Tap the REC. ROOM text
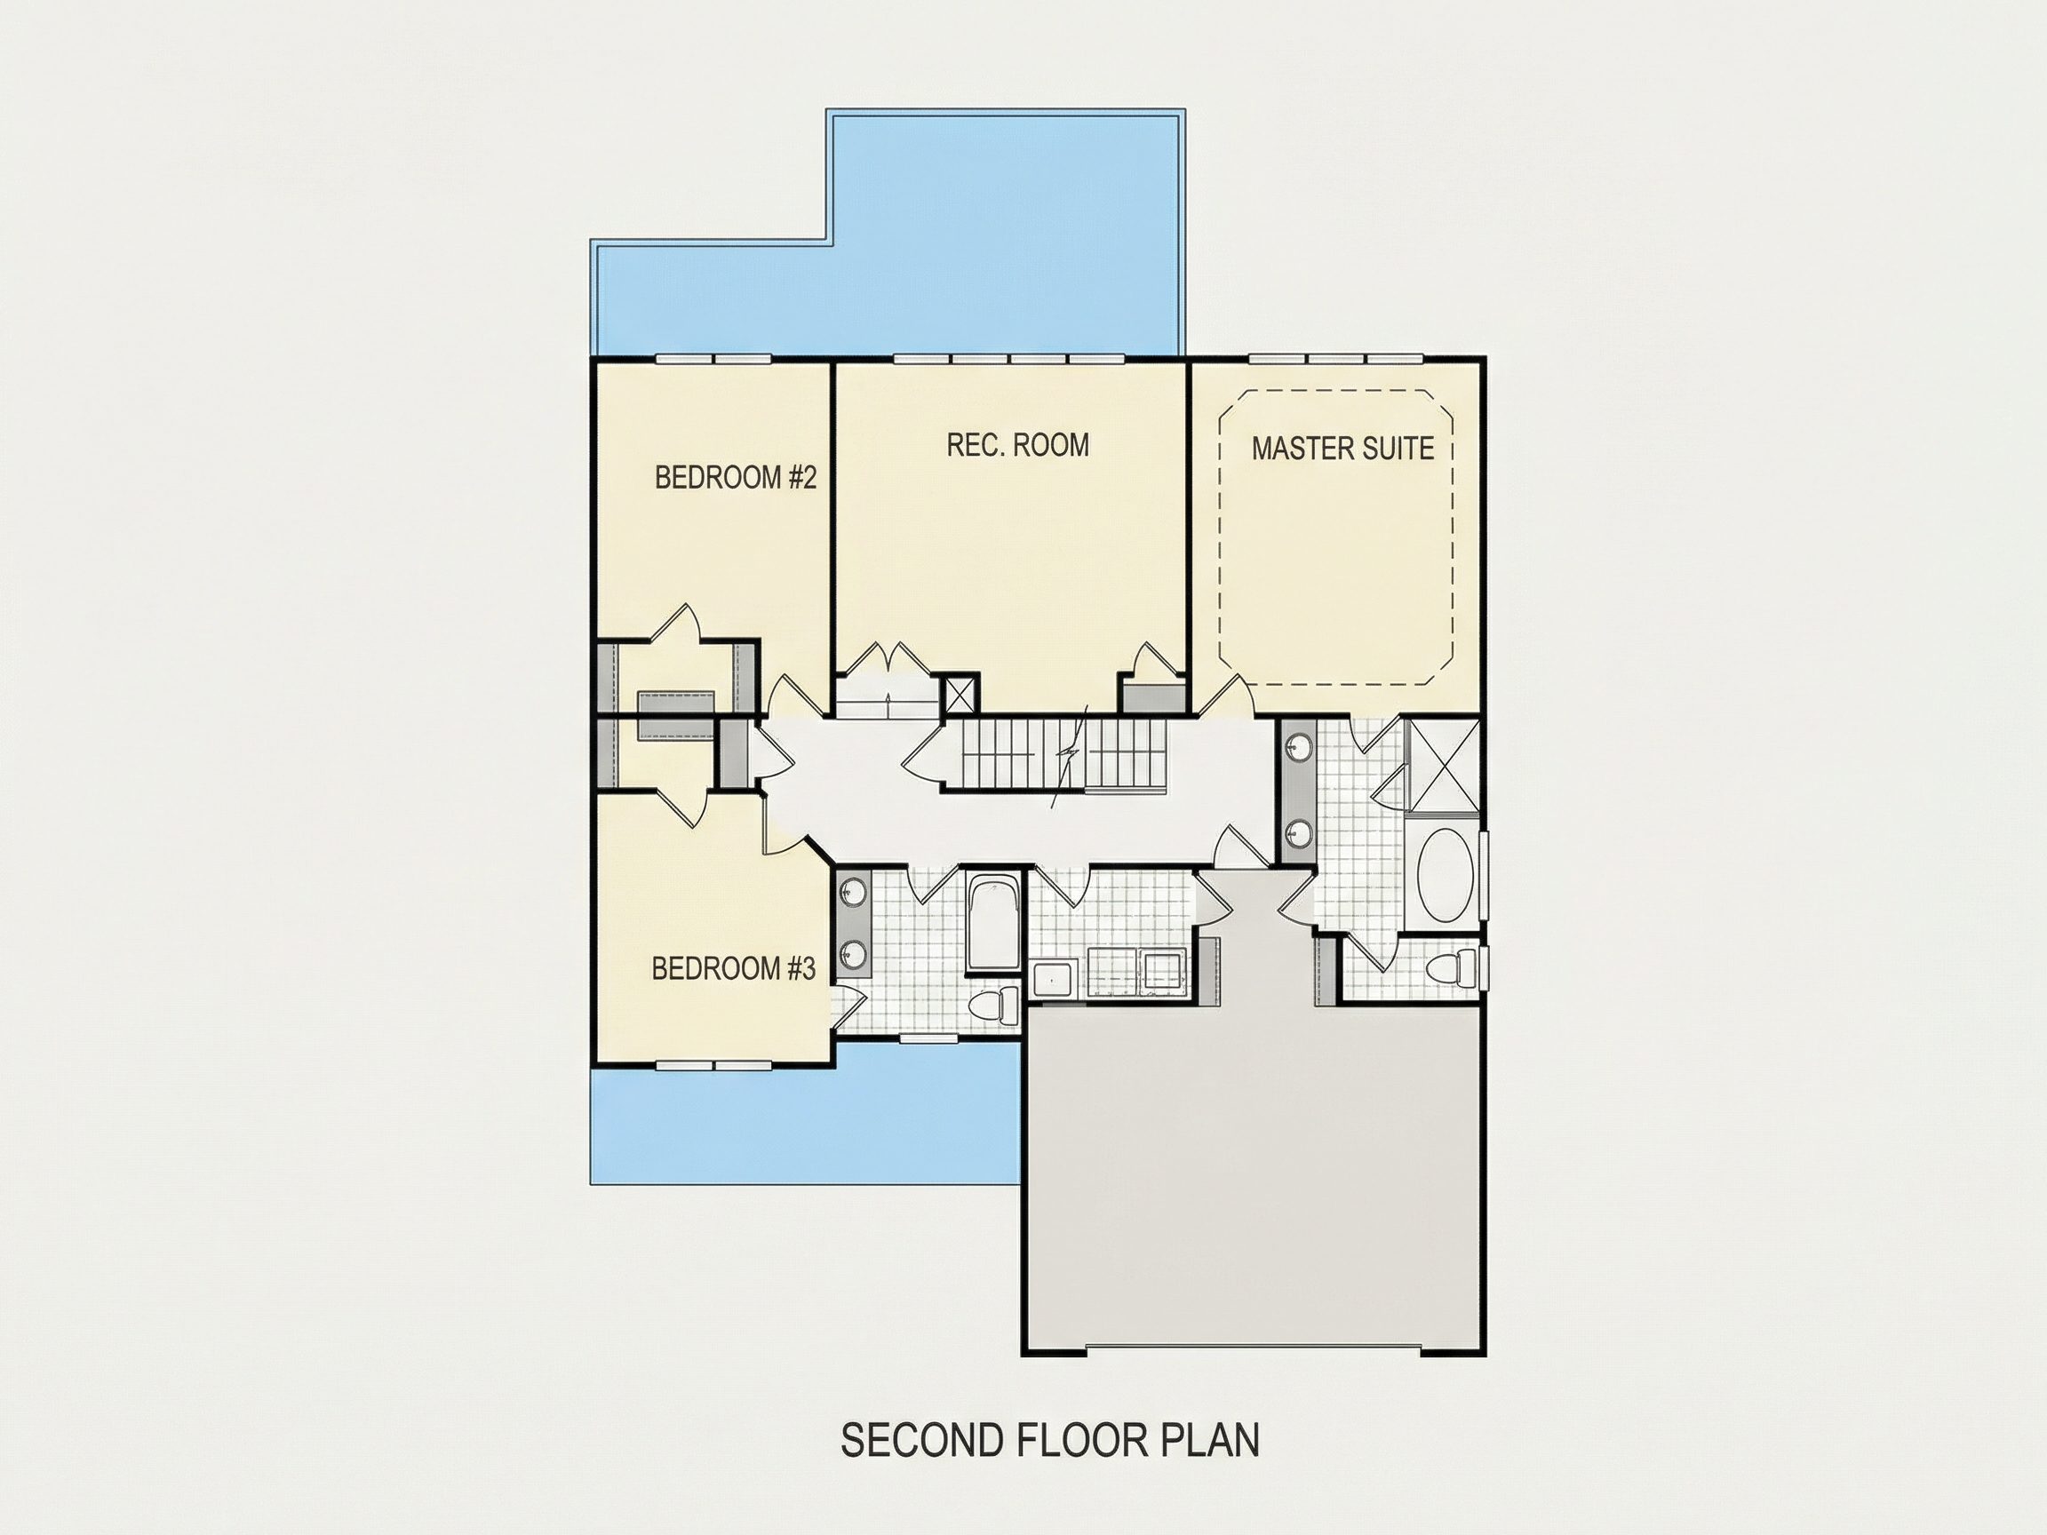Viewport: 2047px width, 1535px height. [x=1017, y=445]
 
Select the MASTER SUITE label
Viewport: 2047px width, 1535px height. [x=1342, y=449]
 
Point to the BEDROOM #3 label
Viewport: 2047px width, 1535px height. [x=734, y=969]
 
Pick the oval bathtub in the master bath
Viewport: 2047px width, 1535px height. [x=1442, y=874]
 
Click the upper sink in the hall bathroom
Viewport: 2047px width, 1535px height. [x=852, y=894]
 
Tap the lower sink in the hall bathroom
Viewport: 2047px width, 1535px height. [x=852, y=953]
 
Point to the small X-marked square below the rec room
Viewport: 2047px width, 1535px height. [x=960, y=694]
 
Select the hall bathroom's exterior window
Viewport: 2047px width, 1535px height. [x=930, y=1038]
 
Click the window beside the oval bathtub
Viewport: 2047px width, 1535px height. [x=1483, y=874]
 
